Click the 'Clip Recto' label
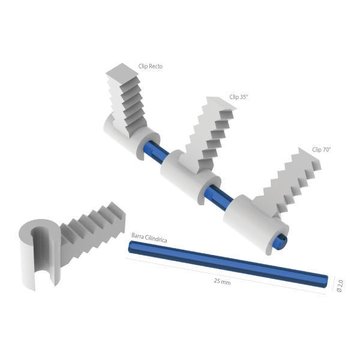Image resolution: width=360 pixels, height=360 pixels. [151, 67]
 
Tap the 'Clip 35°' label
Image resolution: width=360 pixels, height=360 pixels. [239, 97]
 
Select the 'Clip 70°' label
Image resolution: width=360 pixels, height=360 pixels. [321, 149]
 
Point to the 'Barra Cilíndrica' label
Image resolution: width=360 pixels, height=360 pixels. [149, 238]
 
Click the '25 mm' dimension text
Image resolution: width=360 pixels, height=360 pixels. [222, 281]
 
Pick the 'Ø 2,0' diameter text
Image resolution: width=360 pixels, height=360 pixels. [340, 286]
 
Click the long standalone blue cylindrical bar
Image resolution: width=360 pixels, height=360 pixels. [228, 264]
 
